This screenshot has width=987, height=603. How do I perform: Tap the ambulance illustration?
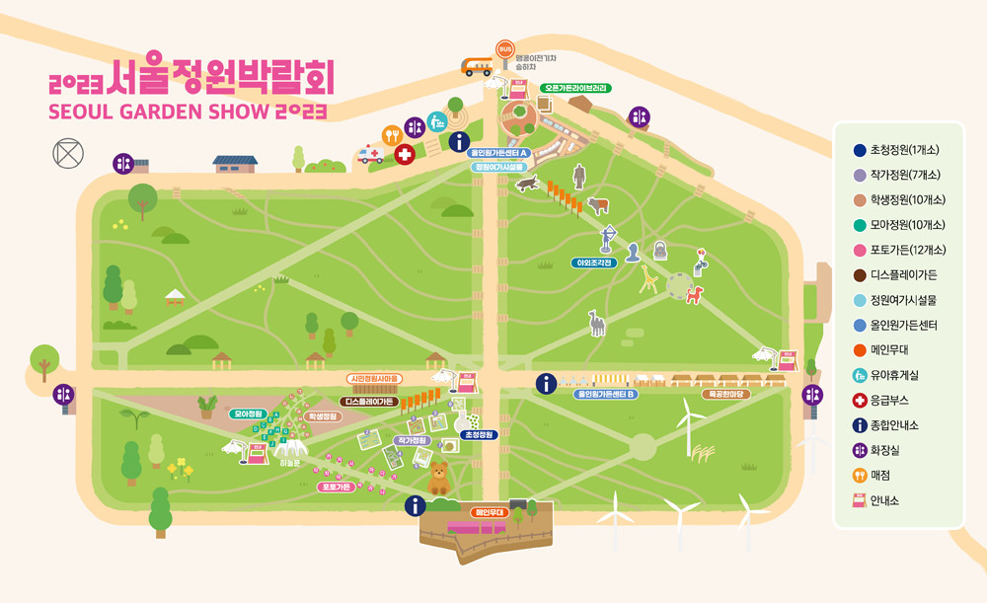[371, 155]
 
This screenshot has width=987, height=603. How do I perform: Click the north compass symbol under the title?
[68, 154]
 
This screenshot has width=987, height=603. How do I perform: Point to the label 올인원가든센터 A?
[499, 153]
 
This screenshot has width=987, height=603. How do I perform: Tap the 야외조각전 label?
[595, 263]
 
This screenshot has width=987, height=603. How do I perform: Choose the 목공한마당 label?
[726, 394]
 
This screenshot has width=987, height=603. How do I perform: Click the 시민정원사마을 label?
[374, 379]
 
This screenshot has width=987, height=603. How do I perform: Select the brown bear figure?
[437, 479]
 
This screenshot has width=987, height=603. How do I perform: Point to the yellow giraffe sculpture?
[648, 279]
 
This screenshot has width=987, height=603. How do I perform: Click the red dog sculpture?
[695, 294]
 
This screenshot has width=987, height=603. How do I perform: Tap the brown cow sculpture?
[599, 205]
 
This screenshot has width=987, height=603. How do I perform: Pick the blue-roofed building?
[235, 162]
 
